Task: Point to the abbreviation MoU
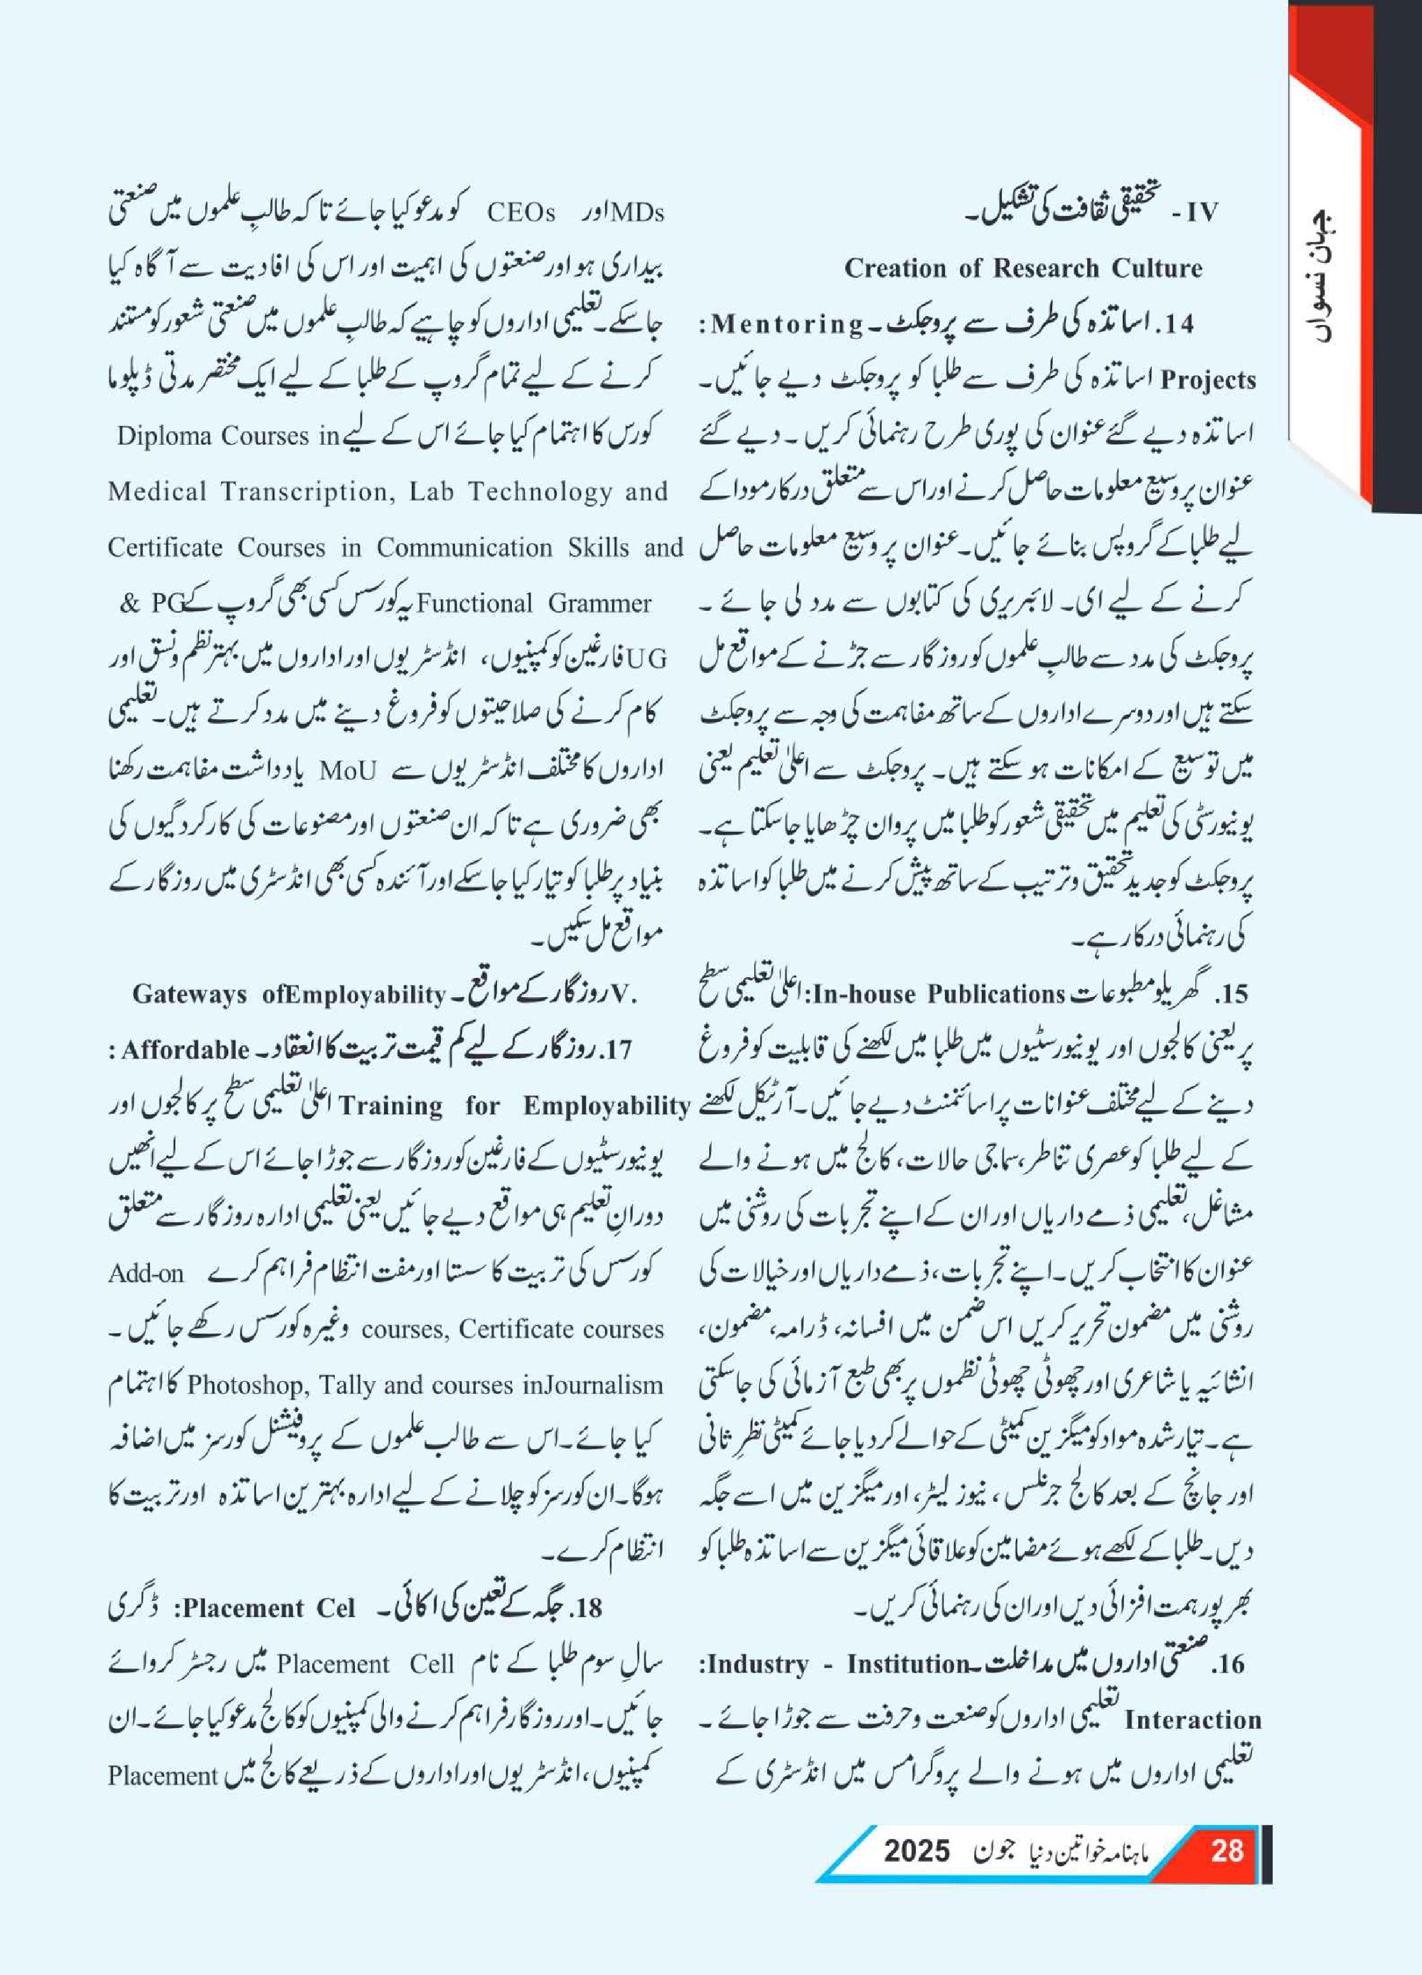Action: pyautogui.click(x=348, y=770)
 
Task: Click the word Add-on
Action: pyautogui.click(x=145, y=1273)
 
